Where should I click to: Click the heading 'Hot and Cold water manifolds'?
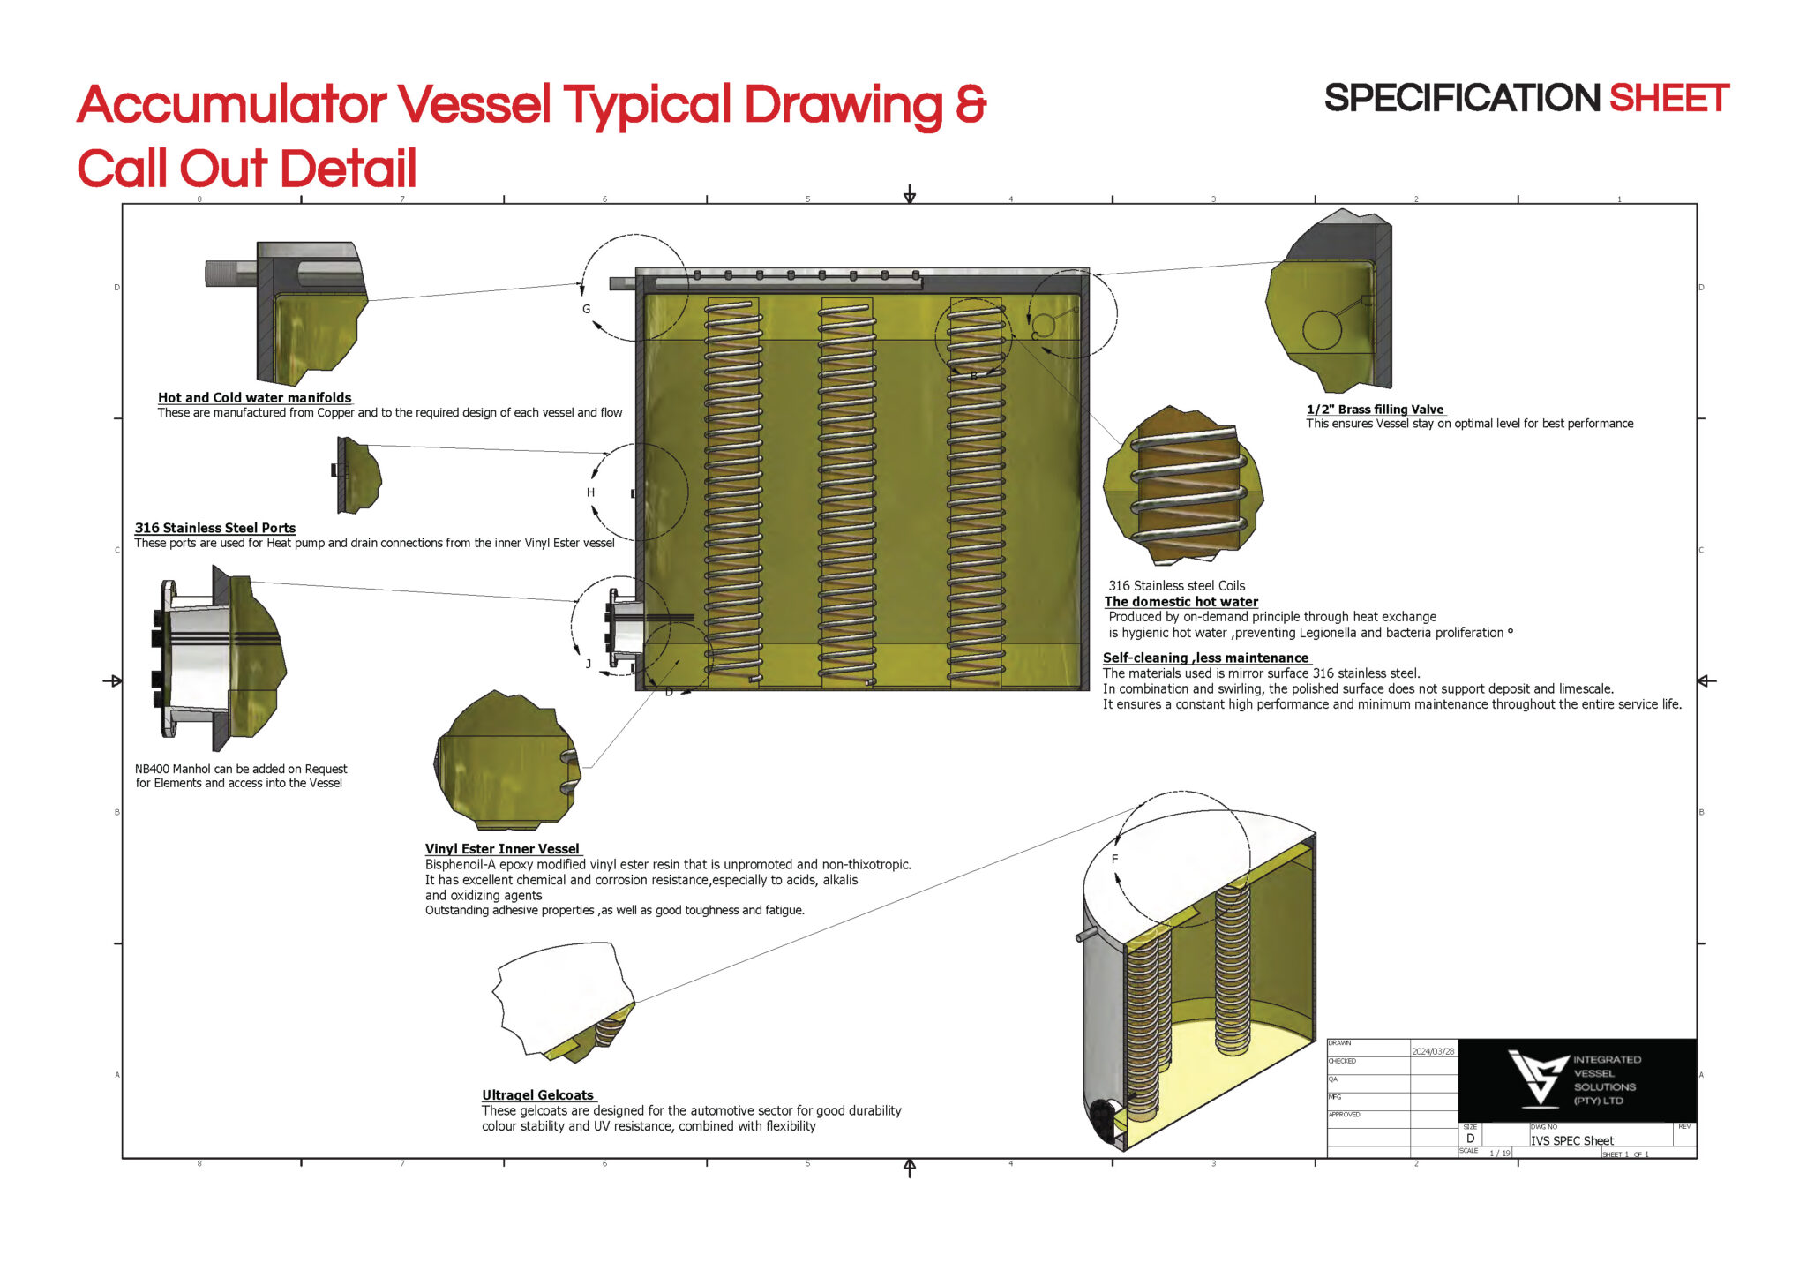(254, 398)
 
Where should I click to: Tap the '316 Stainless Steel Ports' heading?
(214, 529)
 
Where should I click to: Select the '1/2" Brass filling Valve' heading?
(1375, 410)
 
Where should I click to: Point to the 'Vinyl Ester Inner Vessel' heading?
(502, 849)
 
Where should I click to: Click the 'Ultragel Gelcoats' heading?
(537, 1095)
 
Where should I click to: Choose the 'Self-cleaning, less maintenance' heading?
(1205, 658)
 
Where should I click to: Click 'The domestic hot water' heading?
(1181, 602)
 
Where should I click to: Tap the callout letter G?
(586, 309)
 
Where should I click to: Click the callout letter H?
(590, 492)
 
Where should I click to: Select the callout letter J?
(588, 664)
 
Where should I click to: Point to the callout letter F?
(1114, 859)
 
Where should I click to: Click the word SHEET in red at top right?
(1668, 99)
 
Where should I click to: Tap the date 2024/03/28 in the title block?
(1433, 1051)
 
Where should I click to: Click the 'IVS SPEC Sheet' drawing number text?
(1571, 1141)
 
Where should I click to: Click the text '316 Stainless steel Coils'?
(1176, 586)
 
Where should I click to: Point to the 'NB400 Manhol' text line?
(241, 770)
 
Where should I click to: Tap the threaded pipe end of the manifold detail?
(229, 272)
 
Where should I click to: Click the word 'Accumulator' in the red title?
(231, 105)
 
